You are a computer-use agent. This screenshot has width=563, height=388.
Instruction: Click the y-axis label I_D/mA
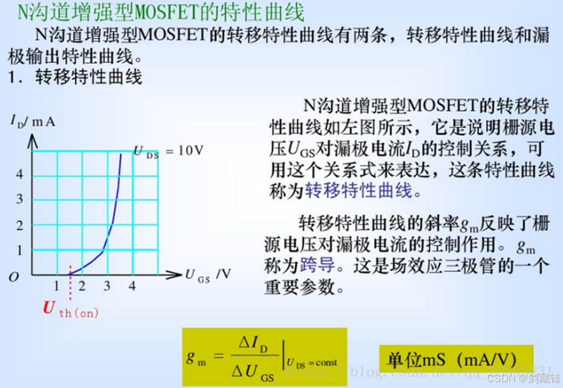(32, 121)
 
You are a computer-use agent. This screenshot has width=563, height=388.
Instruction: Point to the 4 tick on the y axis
(20, 175)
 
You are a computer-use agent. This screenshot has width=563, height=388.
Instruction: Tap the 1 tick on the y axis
(20, 250)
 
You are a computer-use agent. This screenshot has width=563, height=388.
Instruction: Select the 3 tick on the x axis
(107, 287)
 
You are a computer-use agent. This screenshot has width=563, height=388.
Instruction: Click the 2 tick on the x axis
(81, 287)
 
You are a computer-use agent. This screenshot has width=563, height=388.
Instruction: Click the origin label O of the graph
(14, 278)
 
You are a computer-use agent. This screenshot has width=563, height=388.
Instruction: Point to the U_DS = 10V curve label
(169, 151)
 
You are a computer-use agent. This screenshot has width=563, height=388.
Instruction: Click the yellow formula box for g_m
(264, 357)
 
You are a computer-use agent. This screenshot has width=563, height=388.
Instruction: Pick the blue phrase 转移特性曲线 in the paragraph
(359, 190)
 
